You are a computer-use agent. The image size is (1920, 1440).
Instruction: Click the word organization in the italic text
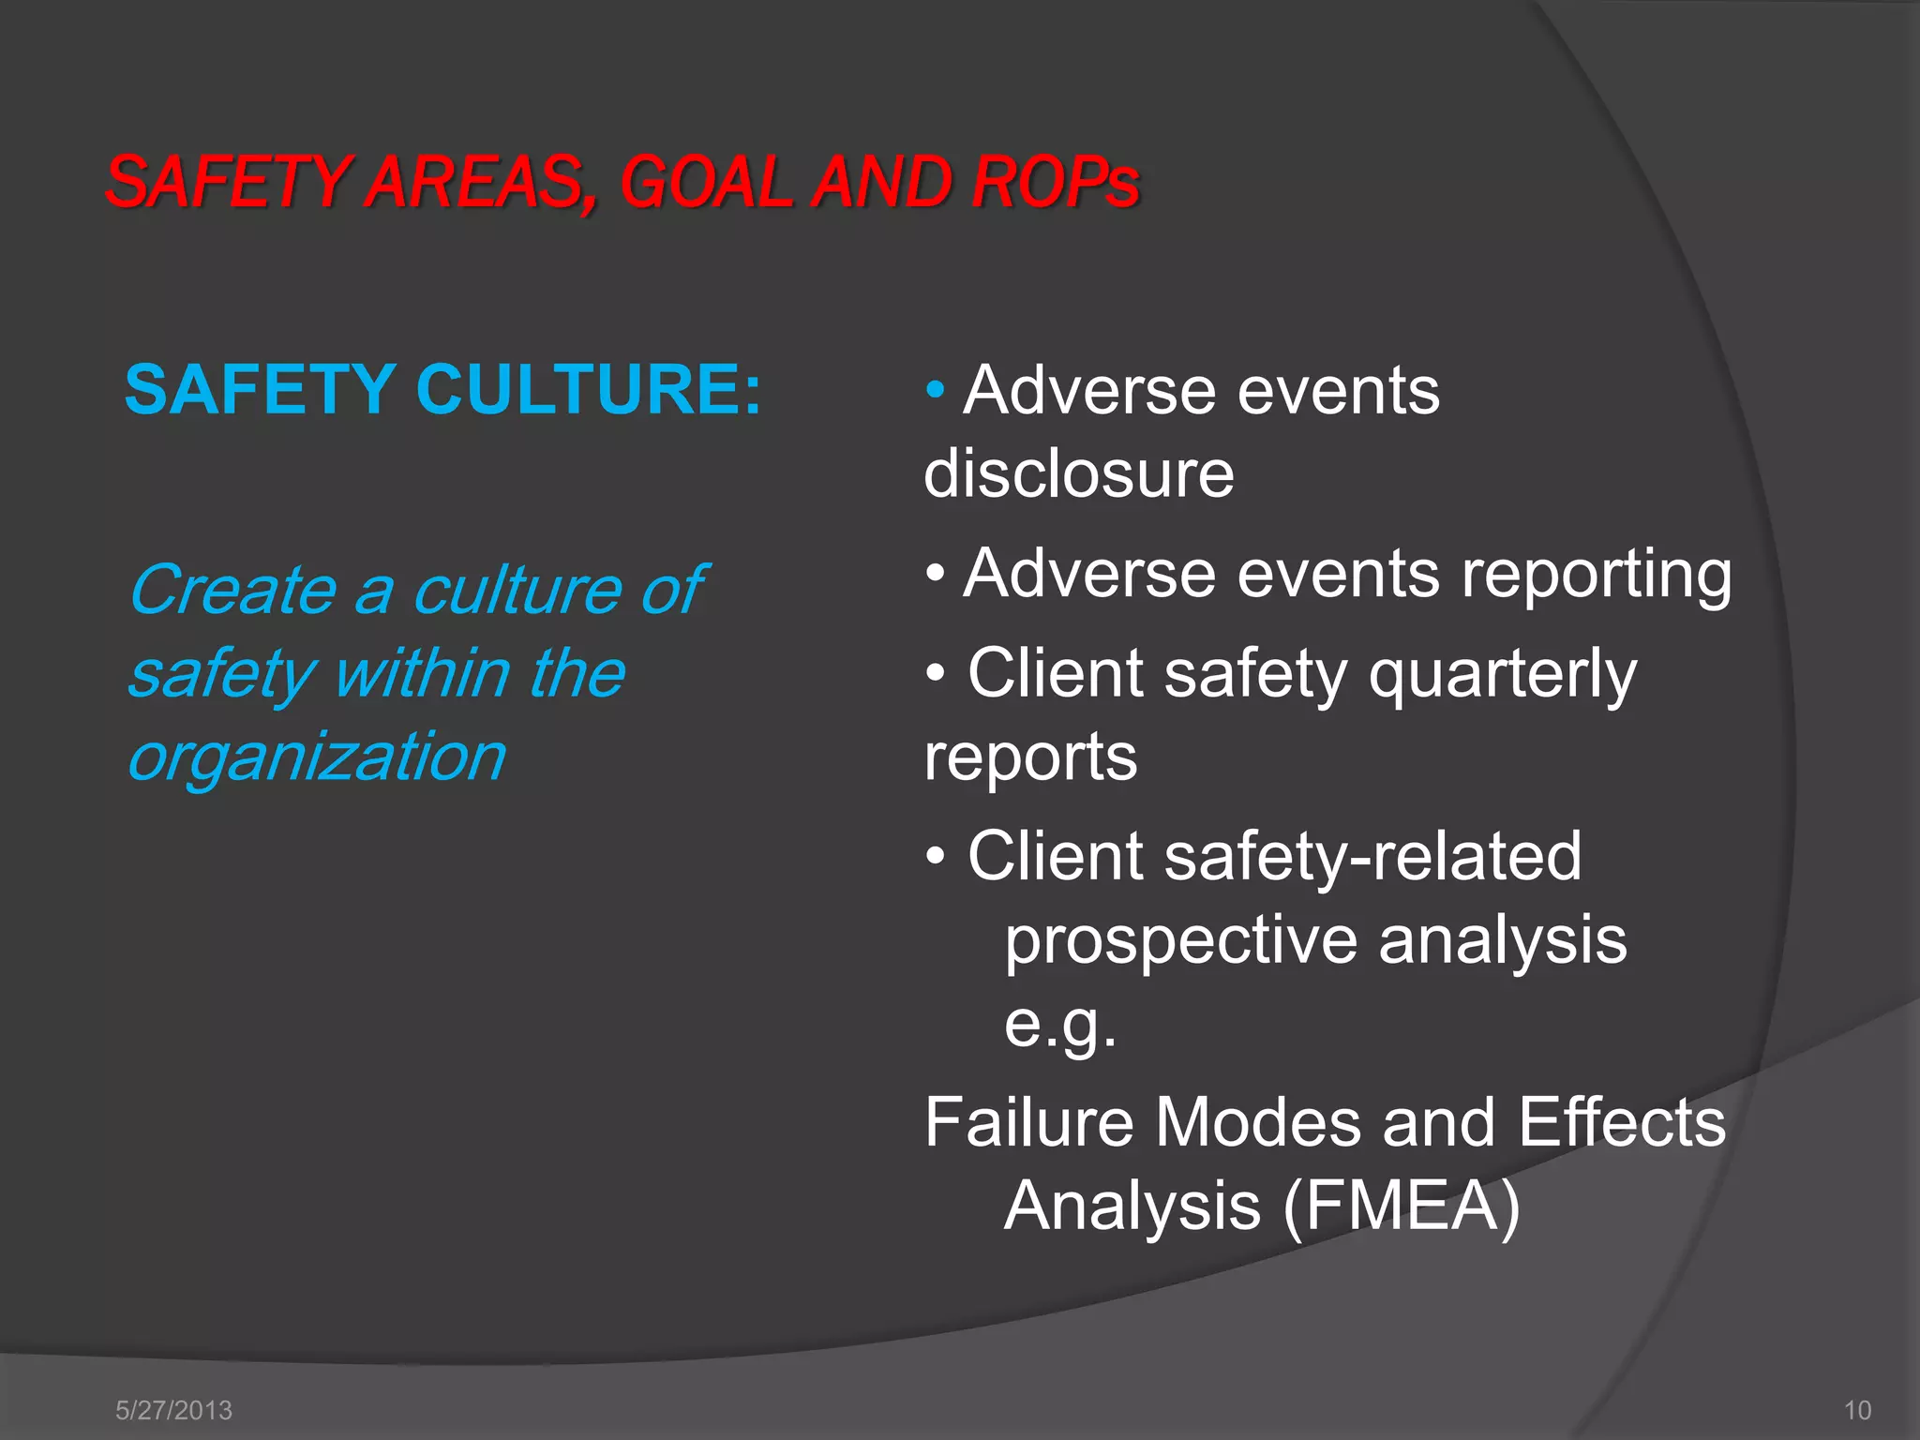pyautogui.click(x=318, y=757)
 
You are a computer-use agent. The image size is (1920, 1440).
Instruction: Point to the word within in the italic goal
pyautogui.click(x=422, y=673)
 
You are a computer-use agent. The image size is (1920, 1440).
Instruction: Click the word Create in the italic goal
pyautogui.click(x=232, y=591)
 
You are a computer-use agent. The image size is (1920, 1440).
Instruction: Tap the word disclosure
pyautogui.click(x=1079, y=473)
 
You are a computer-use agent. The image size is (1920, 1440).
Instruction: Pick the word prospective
pyautogui.click(x=1181, y=941)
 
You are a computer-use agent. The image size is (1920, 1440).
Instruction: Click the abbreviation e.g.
pyautogui.click(x=1060, y=1024)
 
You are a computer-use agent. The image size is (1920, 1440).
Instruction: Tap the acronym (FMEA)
pyautogui.click(x=1402, y=1206)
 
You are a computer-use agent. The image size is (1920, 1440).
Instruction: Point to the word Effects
pyautogui.click(x=1622, y=1122)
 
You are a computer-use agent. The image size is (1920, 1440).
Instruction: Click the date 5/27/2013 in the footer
pyautogui.click(x=173, y=1410)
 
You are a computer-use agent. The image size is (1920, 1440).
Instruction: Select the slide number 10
pyautogui.click(x=1857, y=1410)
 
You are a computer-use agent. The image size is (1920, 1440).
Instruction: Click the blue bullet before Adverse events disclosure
pyautogui.click(x=935, y=390)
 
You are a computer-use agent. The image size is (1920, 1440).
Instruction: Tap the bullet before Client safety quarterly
pyautogui.click(x=935, y=674)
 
